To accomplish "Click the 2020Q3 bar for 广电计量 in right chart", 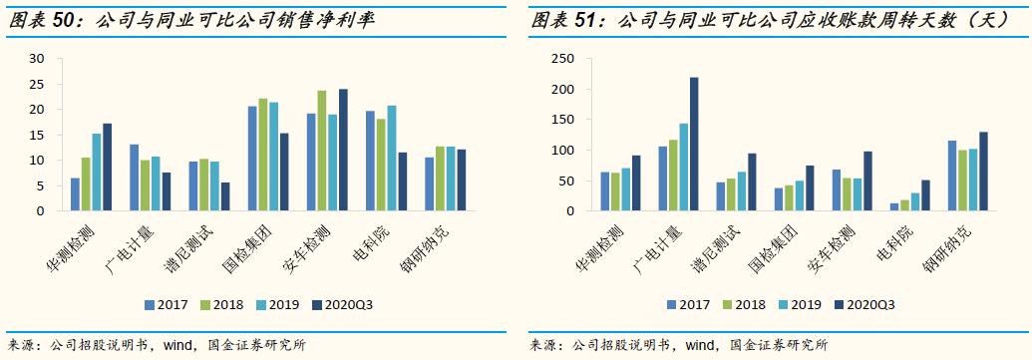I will [694, 145].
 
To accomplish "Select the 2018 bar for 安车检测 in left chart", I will [321, 151].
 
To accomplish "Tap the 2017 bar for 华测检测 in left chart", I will [75, 194].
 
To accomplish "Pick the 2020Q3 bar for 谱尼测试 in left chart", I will [225, 196].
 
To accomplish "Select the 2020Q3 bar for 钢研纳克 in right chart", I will [983, 172].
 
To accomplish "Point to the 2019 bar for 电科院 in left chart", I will [392, 159].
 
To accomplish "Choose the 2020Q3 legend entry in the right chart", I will [865, 305].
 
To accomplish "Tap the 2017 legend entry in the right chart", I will [688, 305].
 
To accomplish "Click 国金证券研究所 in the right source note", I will [779, 346].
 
